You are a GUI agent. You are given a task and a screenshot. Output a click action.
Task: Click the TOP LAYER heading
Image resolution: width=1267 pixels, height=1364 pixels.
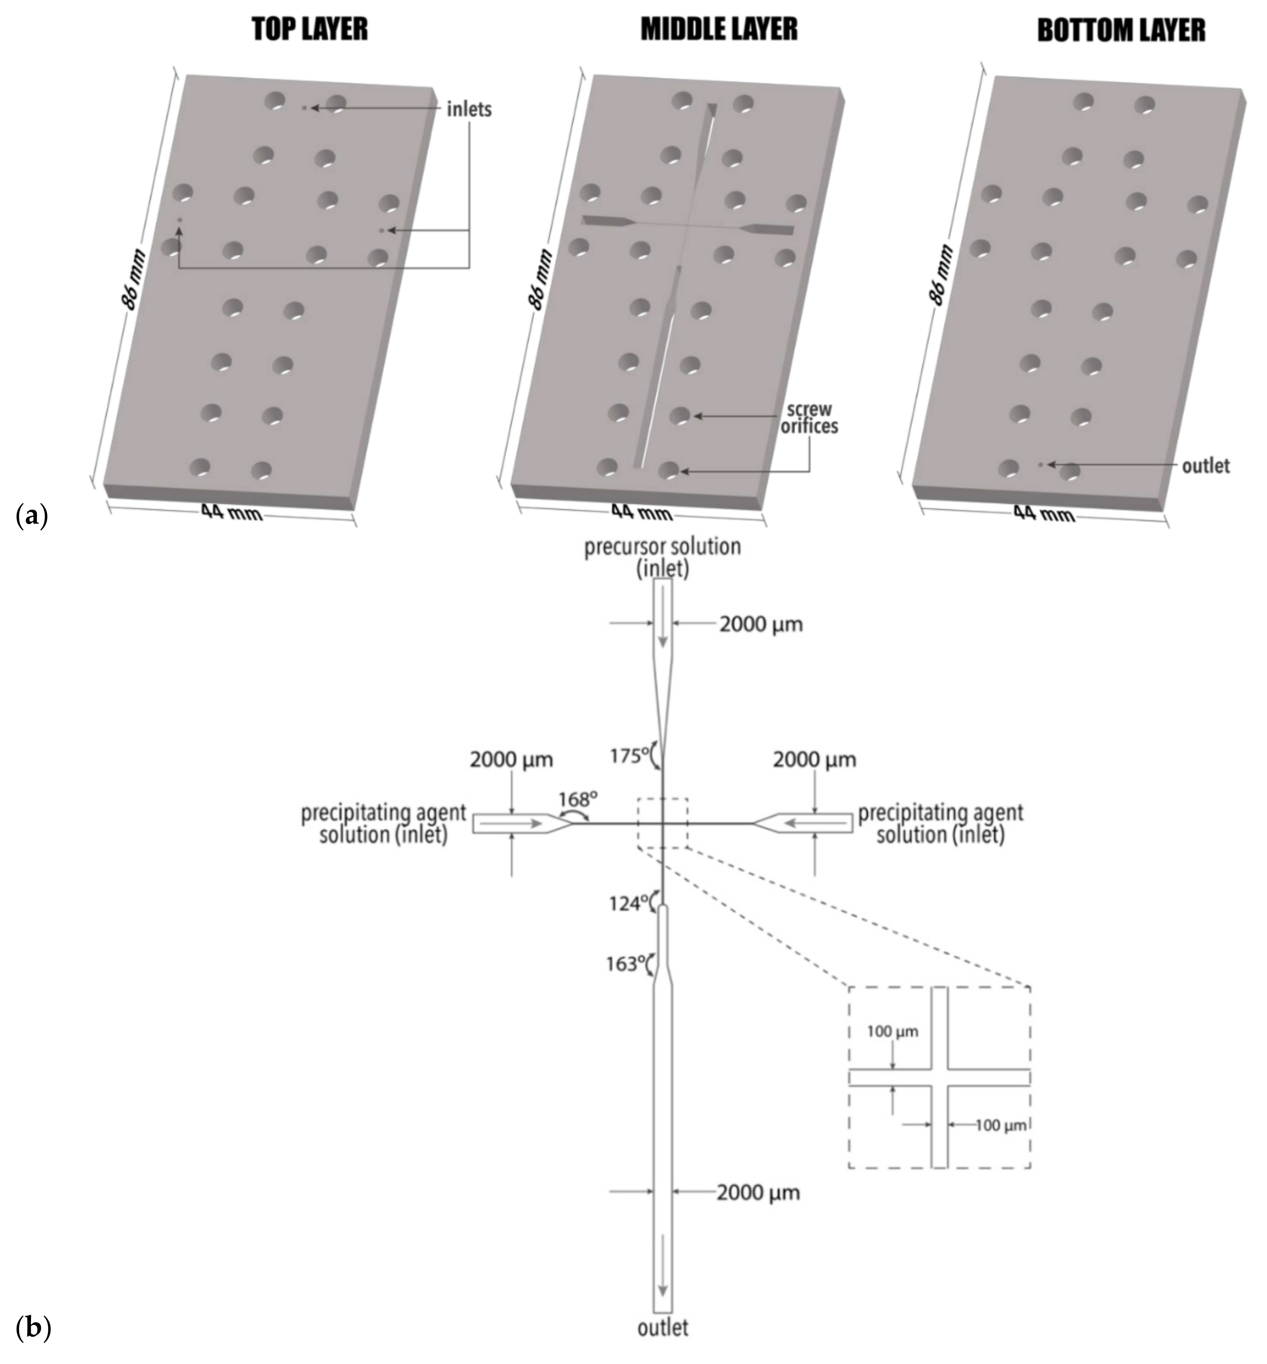pos(310,30)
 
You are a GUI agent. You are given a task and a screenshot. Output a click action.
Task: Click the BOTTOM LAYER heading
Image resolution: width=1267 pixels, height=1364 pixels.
pos(1121,31)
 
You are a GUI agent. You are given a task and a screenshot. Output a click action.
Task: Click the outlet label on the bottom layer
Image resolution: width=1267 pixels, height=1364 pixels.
pos(1205,466)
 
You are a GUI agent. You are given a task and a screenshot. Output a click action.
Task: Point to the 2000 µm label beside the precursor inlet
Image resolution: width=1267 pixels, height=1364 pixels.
pos(760,625)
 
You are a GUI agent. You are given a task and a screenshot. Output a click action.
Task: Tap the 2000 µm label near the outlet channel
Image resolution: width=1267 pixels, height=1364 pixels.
pos(758,1193)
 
